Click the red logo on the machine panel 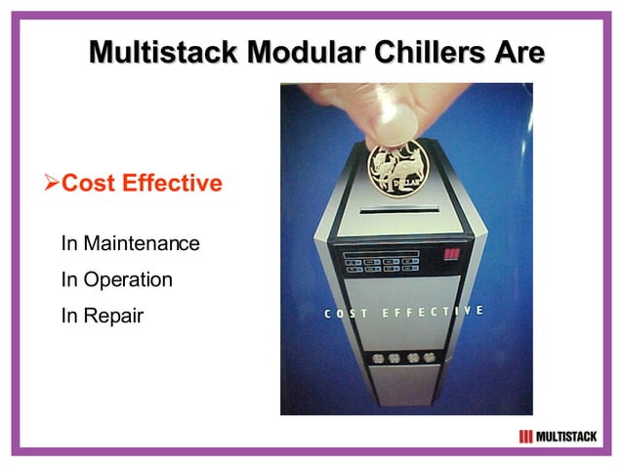[451, 257]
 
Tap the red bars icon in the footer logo [526, 436]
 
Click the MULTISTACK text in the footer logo [566, 436]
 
